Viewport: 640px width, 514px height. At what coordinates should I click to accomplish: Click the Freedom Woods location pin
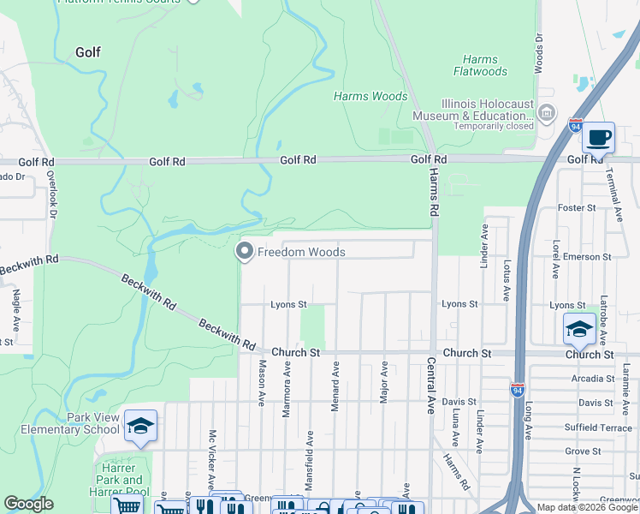(244, 252)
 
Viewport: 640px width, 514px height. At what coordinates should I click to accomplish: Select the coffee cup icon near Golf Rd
(598, 137)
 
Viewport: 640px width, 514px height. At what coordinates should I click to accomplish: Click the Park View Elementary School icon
(140, 426)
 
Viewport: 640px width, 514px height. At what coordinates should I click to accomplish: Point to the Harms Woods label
(370, 97)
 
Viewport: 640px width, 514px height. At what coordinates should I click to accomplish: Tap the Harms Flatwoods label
(485, 66)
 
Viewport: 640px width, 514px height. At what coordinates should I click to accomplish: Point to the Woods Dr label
(539, 53)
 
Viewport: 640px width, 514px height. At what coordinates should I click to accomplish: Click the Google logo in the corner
(28, 504)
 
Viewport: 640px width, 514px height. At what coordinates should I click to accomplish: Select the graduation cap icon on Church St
(578, 328)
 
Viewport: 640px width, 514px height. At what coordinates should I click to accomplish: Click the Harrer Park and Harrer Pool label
(121, 487)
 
